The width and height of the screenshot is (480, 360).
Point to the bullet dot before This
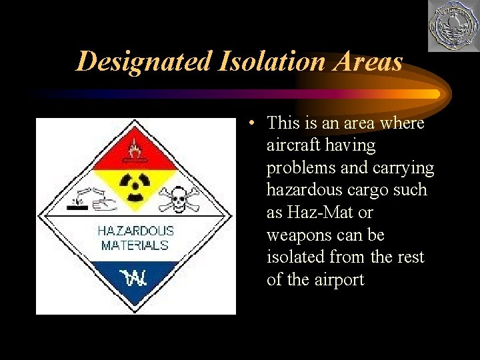point(248,124)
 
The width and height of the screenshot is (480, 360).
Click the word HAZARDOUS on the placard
point(135,231)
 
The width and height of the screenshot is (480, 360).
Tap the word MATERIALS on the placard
point(135,245)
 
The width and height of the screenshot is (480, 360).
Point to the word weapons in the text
point(297,235)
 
